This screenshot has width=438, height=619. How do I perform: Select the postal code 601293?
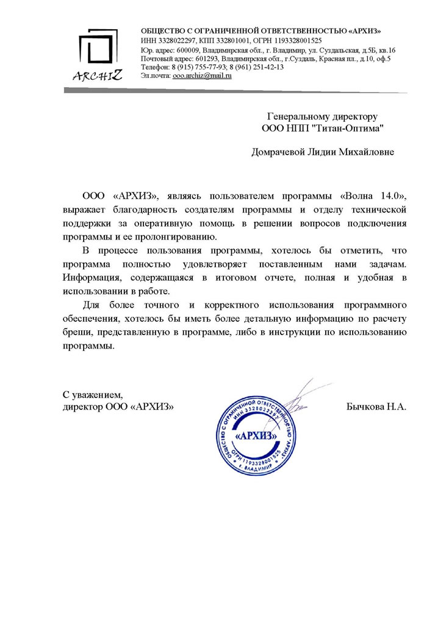[x=207, y=59]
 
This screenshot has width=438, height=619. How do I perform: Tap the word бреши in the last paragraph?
[x=76, y=333]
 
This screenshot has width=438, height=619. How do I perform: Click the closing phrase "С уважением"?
[x=93, y=394]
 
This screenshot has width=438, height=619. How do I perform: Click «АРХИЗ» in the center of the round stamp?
[x=257, y=437]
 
